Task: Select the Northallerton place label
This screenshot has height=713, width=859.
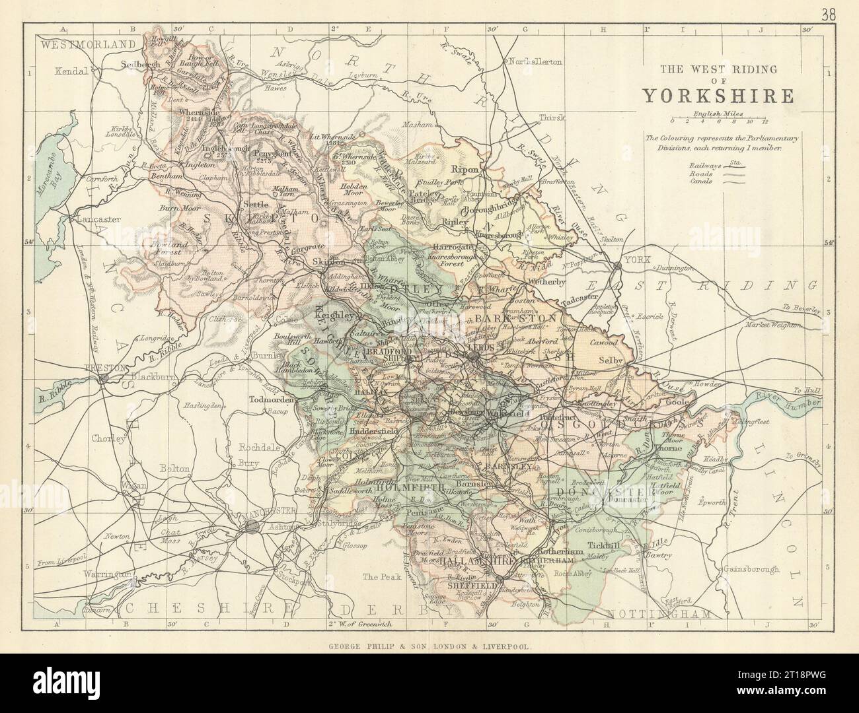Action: coord(536,61)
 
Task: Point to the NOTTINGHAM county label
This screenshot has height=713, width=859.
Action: coord(661,614)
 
